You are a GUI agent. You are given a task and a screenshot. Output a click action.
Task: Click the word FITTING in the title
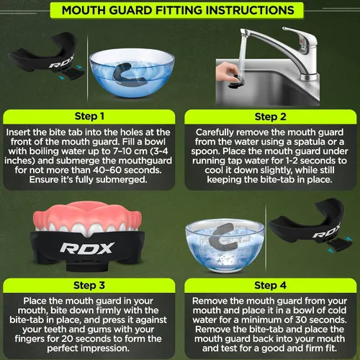(178, 10)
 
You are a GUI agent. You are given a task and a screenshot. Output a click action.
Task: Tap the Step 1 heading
(89, 117)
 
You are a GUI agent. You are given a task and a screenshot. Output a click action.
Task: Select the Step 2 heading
(271, 117)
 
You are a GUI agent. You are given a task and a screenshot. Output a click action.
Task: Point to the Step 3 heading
(89, 285)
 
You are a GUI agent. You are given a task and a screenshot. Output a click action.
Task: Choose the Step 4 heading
(270, 285)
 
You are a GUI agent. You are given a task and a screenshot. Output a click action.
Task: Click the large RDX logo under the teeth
(87, 248)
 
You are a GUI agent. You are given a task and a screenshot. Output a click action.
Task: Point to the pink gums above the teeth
(87, 215)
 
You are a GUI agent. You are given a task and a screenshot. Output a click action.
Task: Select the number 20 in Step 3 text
(67, 339)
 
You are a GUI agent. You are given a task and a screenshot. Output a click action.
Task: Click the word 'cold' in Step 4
(337, 310)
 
